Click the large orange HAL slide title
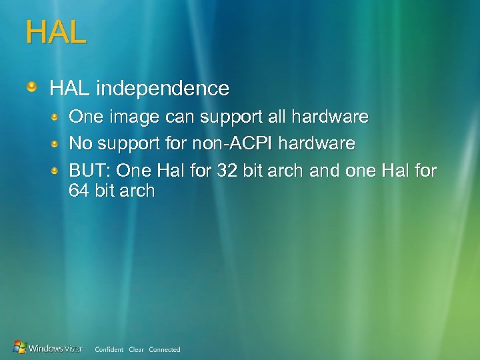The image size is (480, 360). coord(56,33)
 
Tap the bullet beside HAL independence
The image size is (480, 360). coord(31,87)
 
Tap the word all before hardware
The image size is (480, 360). coord(275,117)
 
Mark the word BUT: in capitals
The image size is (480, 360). coord(90,171)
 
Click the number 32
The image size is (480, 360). coord(227,171)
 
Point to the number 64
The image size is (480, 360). coord(79,191)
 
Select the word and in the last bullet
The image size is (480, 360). coord(325,171)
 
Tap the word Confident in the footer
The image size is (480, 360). coord(109,349)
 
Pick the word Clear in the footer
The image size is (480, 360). coord(137,349)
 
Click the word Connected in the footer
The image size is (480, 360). coord(165,349)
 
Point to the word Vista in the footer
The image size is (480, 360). coord(73,348)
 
